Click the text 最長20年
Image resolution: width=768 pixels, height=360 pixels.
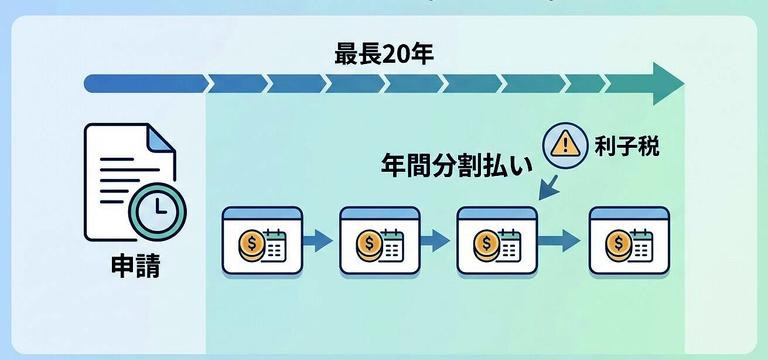coord(383,53)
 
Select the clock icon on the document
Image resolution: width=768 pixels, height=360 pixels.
coord(155,208)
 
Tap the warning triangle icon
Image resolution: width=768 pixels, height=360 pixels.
coord(565,144)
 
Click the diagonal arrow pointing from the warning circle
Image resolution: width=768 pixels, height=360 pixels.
coord(548,185)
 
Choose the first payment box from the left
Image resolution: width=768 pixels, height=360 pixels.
coord(262,241)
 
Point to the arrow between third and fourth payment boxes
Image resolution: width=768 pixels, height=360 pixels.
coord(562,241)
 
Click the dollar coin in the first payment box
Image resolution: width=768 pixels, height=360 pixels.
coord(251,244)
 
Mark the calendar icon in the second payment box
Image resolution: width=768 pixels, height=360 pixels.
coord(391,244)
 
